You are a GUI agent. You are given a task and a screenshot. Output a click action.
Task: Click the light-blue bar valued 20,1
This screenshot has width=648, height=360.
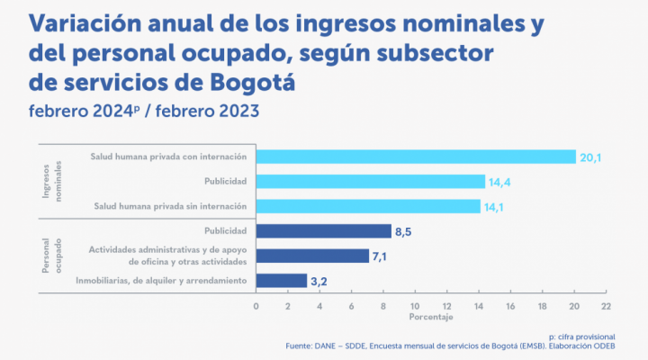[416, 157]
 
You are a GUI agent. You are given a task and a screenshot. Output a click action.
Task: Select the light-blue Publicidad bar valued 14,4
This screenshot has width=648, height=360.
[370, 182]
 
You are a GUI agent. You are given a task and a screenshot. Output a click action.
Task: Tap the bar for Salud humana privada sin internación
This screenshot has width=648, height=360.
[368, 206]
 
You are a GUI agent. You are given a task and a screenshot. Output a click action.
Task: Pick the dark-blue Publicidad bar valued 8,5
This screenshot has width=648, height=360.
[323, 231]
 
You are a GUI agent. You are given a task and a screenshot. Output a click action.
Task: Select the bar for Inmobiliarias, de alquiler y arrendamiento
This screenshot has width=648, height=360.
[281, 281]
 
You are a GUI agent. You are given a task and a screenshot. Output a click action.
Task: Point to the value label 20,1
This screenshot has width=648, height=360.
[590, 157]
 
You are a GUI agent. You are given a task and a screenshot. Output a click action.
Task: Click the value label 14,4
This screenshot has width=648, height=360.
[499, 182]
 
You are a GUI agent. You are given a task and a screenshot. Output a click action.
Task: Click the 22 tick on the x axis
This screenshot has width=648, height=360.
[606, 306]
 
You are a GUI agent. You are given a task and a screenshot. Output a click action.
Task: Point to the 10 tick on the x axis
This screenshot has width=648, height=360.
[415, 306]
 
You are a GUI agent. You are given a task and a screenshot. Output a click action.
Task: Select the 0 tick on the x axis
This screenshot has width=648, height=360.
[256, 306]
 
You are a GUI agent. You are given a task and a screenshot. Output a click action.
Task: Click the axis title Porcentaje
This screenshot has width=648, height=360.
[431, 318]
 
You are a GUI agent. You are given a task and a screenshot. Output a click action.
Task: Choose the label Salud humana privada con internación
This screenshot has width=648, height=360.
[168, 157]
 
